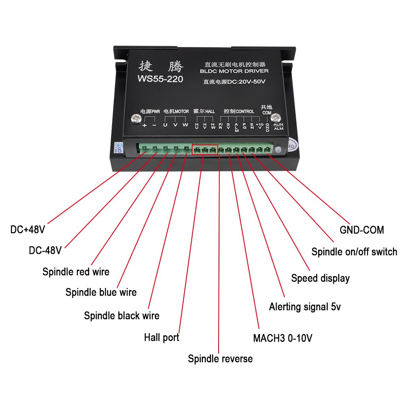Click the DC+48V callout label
28,230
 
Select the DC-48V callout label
45,251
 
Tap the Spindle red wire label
76,272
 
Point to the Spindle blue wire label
101,292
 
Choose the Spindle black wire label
121,316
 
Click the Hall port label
161,338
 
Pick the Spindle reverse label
220,359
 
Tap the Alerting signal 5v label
305,307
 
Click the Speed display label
320,279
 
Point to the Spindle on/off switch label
354,252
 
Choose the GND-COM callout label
362,230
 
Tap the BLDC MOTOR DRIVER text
234,71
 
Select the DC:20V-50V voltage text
234,82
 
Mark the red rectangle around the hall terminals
205,150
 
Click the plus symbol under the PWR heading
145,125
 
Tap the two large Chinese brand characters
161,66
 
